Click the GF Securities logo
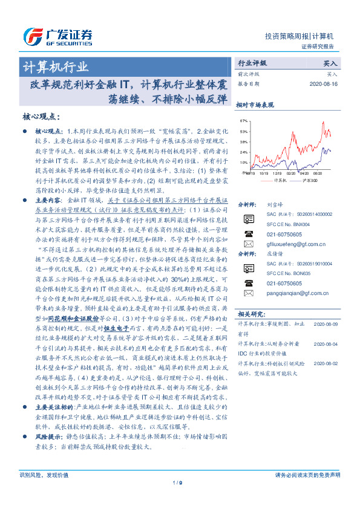pyautogui.click(x=58, y=34)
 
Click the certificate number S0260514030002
pyautogui.click(x=299, y=215)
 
